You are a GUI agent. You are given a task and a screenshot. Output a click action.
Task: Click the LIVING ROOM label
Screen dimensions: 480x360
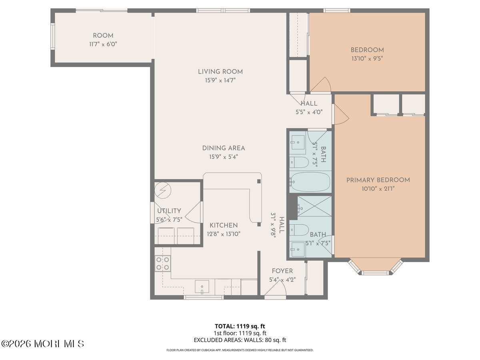(x=220, y=72)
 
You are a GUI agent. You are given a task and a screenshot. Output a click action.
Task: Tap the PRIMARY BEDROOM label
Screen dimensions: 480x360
(x=378, y=180)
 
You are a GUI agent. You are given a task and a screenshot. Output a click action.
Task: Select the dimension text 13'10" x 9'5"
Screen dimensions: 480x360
(x=367, y=58)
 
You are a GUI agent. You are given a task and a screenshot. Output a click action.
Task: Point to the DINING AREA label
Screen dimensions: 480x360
(x=224, y=148)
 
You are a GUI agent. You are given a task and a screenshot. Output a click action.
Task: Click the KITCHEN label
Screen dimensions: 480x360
(x=224, y=225)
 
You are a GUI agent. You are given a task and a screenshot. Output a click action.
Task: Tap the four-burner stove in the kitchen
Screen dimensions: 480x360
(x=163, y=263)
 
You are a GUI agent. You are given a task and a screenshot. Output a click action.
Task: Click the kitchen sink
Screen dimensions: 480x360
(x=202, y=287)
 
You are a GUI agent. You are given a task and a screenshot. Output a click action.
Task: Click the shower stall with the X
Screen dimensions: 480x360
(x=314, y=206)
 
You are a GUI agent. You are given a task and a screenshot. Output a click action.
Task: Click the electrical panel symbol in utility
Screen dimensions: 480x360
(x=163, y=190)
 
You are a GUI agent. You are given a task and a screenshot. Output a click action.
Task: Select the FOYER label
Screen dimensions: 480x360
(x=282, y=271)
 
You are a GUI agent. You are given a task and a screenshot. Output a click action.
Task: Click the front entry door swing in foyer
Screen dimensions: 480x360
(x=275, y=288)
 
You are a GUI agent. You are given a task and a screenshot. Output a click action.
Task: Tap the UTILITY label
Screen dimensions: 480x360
(x=169, y=211)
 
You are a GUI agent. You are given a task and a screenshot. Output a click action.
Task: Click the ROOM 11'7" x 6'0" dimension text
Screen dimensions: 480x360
(x=103, y=44)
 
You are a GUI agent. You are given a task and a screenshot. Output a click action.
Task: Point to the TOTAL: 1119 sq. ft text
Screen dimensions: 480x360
(x=240, y=326)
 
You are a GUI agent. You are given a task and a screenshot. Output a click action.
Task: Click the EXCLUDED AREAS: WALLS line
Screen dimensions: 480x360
(x=240, y=340)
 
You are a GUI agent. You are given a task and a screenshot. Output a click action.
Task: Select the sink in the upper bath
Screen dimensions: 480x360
(x=298, y=142)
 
